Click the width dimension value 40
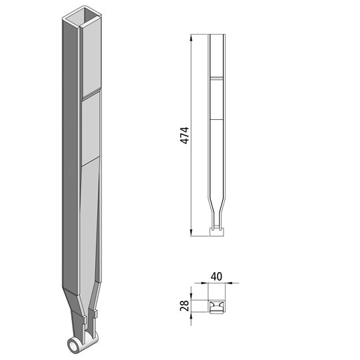(x=216, y=273)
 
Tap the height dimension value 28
(x=184, y=305)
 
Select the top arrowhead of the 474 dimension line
(x=192, y=37)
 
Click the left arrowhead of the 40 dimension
(x=208, y=283)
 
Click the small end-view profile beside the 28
(x=216, y=307)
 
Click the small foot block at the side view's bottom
(x=216, y=231)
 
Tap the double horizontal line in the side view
(x=216, y=79)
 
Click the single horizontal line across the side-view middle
(x=216, y=120)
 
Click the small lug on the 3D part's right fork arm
(x=96, y=313)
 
